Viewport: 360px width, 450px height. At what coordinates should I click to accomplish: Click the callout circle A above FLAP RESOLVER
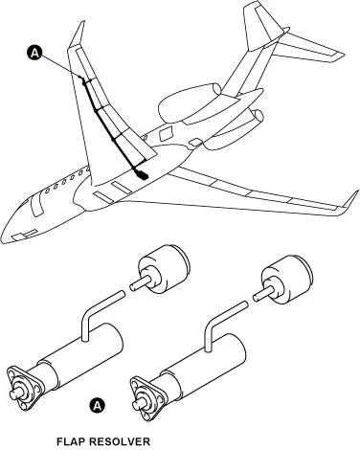tap(97, 406)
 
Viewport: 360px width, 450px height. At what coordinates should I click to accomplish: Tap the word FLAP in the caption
tap(74, 441)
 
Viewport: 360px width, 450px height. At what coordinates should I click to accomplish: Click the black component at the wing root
tap(141, 175)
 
